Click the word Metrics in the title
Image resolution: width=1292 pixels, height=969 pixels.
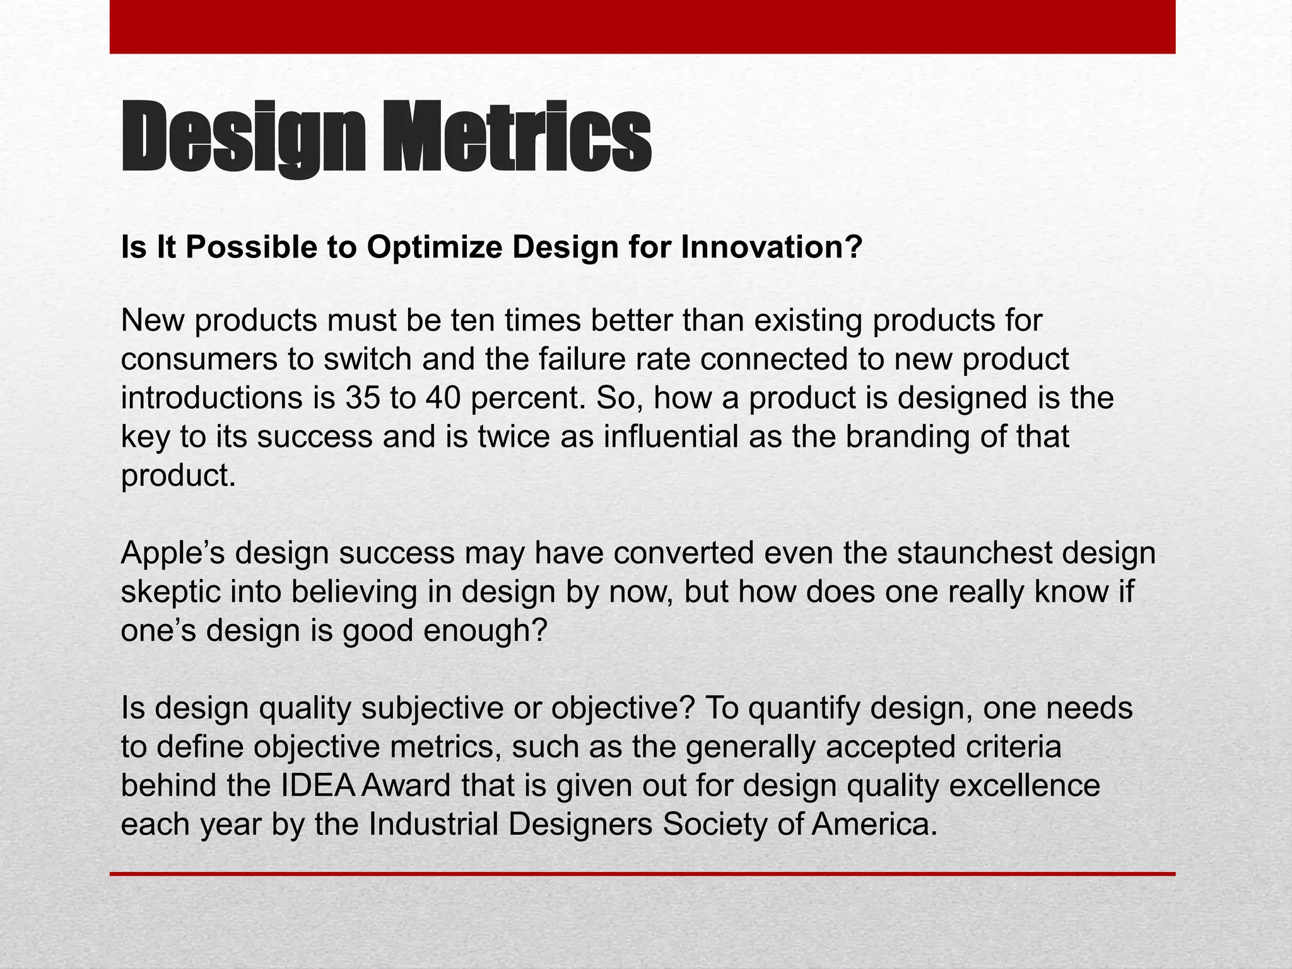click(x=517, y=138)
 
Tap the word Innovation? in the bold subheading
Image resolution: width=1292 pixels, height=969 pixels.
click(x=772, y=247)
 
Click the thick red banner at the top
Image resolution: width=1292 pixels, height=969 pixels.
click(x=642, y=26)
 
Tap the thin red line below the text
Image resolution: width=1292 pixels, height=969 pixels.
click(x=642, y=874)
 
